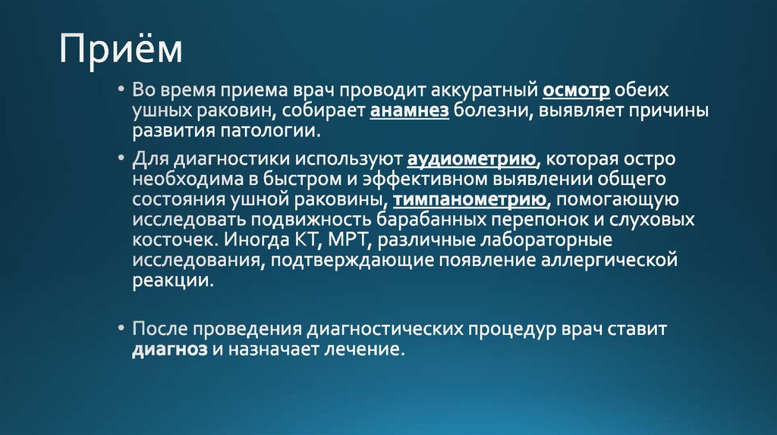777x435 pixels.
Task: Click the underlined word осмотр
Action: [577, 91]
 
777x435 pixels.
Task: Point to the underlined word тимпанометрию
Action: [470, 201]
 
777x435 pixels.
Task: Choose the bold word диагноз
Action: [169, 351]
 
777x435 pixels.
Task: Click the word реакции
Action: [171, 280]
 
